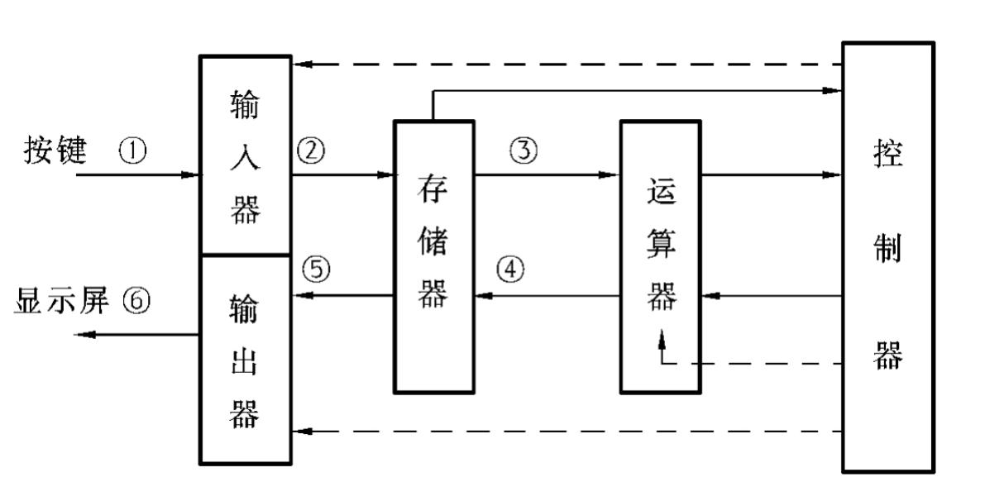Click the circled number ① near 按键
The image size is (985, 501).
coord(132,150)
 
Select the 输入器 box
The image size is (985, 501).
coord(246,155)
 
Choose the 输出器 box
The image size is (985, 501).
coord(246,360)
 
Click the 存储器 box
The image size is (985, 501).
coord(433,256)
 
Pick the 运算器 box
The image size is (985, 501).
coord(660,256)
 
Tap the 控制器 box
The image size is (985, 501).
coord(887,256)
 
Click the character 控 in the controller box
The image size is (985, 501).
coord(887,156)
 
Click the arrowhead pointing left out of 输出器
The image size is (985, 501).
coord(84,334)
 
